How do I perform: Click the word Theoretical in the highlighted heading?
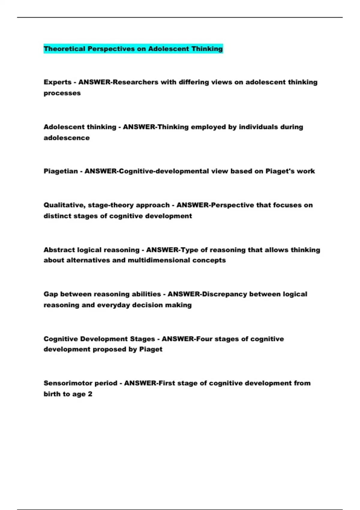point(64,49)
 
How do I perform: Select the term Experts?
point(57,82)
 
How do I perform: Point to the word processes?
point(62,93)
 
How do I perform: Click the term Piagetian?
point(61,171)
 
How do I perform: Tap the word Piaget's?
point(280,171)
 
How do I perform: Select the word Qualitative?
point(64,205)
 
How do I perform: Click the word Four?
point(205,339)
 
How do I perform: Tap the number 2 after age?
point(90,394)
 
